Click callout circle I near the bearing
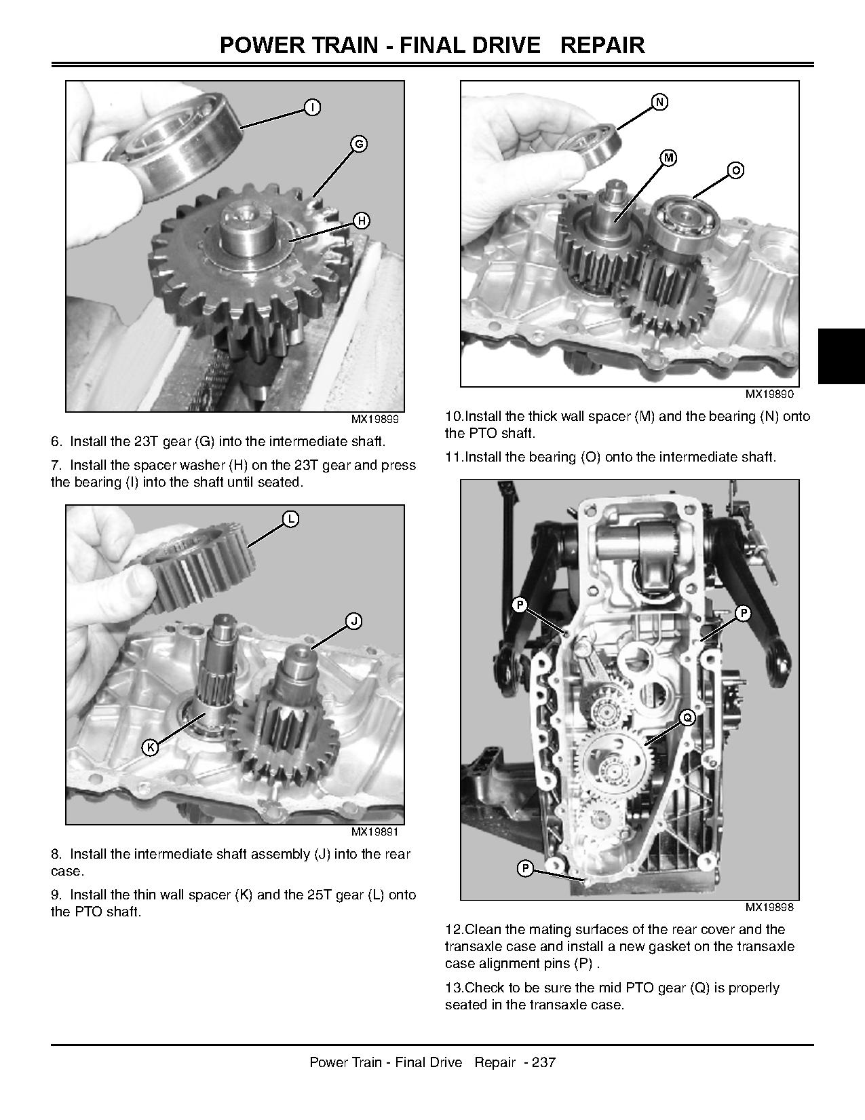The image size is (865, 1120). (x=312, y=107)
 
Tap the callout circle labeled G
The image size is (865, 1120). (x=359, y=144)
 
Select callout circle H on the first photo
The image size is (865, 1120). (x=362, y=221)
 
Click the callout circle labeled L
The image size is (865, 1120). (x=290, y=519)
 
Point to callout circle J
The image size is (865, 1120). (x=353, y=621)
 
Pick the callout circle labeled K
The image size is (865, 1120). (x=151, y=747)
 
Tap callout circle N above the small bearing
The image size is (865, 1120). (x=659, y=102)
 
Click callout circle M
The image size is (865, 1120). (x=669, y=158)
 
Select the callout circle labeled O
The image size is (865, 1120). (x=735, y=170)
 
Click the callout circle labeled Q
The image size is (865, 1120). (x=687, y=717)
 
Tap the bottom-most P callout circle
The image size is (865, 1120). (x=525, y=868)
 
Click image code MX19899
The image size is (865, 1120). (x=374, y=419)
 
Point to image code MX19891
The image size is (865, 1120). (x=374, y=832)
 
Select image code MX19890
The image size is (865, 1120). (x=769, y=394)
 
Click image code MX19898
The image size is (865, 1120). (x=769, y=907)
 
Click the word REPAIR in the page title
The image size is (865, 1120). (x=602, y=45)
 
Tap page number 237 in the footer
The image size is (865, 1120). (x=544, y=1062)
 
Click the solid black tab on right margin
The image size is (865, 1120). (x=841, y=356)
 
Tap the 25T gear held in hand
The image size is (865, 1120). (x=193, y=563)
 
